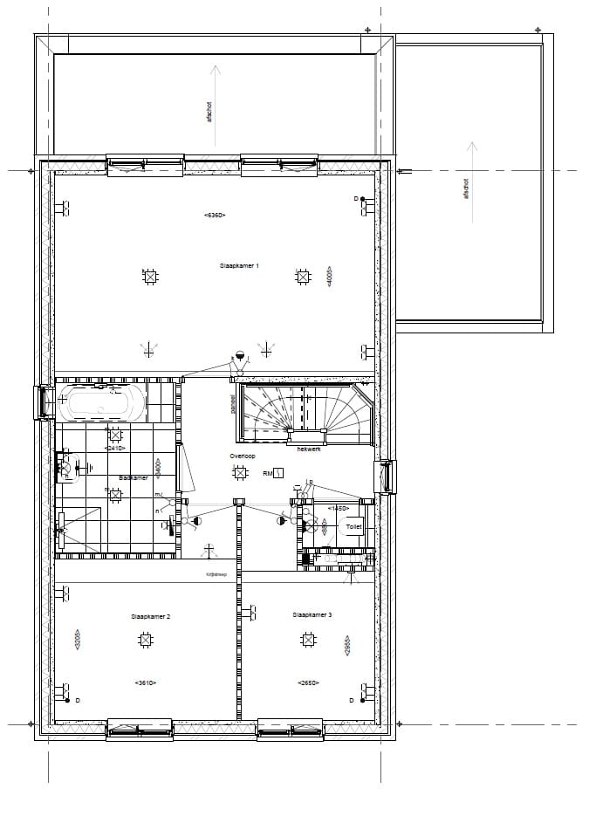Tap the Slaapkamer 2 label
click(151, 616)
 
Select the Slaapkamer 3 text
click(312, 615)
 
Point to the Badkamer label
click(134, 477)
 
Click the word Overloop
click(243, 456)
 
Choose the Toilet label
click(353, 527)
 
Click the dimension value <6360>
click(215, 215)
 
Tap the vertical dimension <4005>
click(330, 277)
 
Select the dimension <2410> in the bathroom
click(114, 449)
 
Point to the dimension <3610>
click(145, 682)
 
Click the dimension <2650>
click(308, 682)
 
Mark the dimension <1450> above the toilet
click(338, 507)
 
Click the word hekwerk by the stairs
click(308, 449)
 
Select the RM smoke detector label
click(268, 474)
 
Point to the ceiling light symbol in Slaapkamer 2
click(145, 641)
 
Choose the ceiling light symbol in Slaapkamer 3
click(308, 641)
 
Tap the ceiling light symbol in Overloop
click(238, 473)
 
